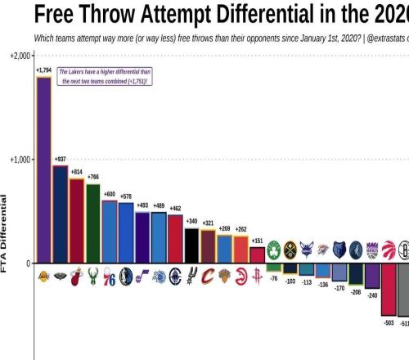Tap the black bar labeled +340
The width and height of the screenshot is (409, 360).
click(191, 245)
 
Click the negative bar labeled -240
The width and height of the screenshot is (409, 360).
click(372, 276)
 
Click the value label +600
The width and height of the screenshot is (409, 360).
click(109, 193)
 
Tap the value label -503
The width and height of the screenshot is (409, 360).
click(389, 323)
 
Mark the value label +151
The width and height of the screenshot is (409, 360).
click(257, 241)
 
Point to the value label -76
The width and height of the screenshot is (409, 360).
click(273, 278)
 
